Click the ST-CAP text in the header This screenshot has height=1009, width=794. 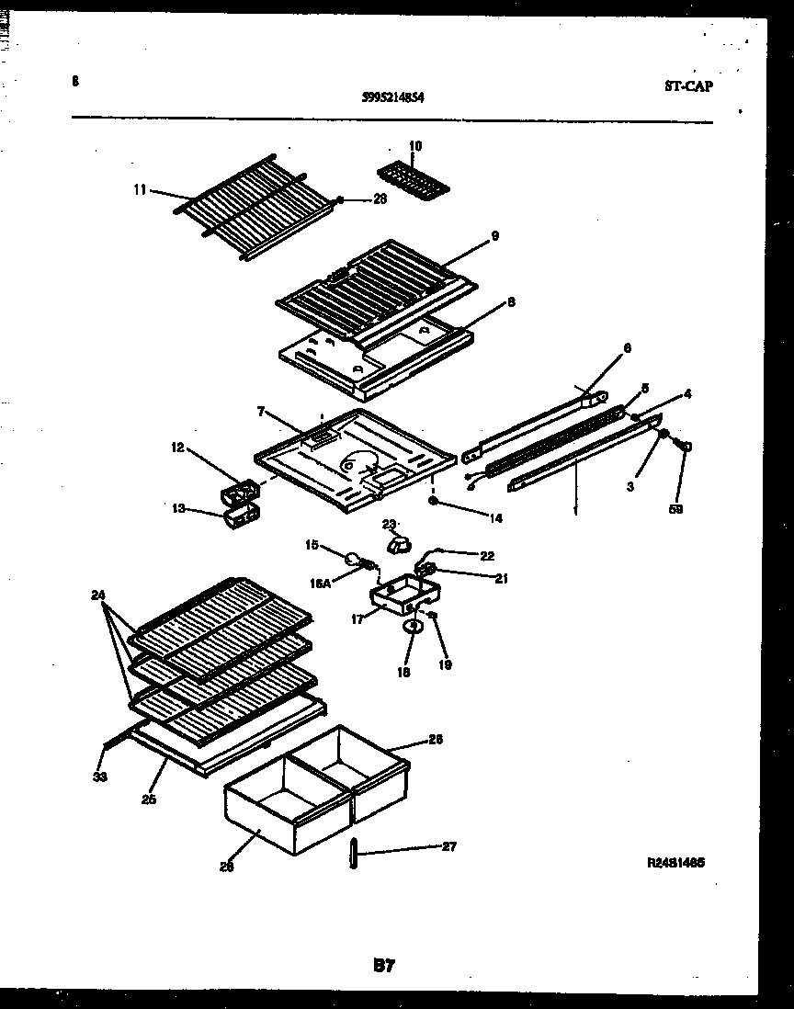(x=688, y=86)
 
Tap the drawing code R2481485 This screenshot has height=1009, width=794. (x=675, y=863)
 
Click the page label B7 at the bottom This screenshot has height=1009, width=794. (x=384, y=965)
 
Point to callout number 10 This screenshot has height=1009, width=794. (x=415, y=146)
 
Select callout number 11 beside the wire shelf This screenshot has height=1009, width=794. (x=140, y=189)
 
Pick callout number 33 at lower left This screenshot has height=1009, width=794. (x=100, y=777)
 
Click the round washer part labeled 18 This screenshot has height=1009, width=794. (x=413, y=627)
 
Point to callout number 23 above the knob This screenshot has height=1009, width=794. (x=389, y=524)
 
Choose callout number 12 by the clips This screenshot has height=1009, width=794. (x=177, y=448)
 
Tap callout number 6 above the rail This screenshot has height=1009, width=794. (x=628, y=348)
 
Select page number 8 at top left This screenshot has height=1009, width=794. (x=74, y=81)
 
